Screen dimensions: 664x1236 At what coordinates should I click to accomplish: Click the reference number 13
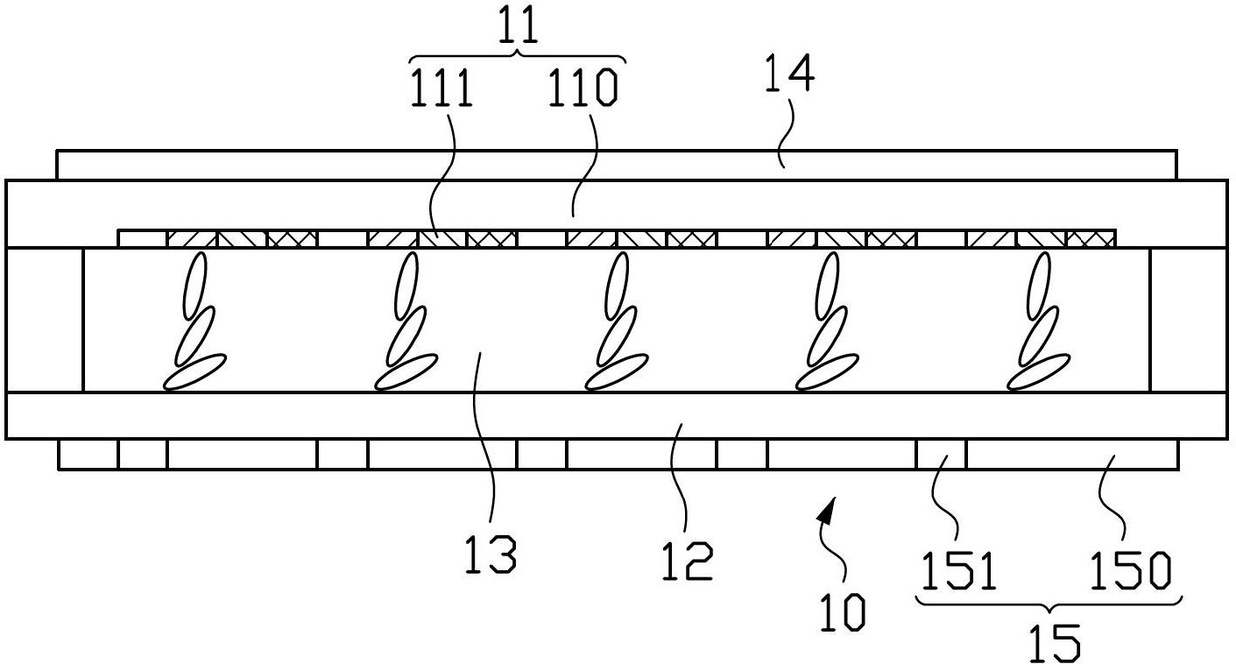point(491,554)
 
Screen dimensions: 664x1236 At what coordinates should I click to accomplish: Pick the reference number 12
point(685,561)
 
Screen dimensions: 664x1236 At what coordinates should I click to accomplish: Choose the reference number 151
point(957,572)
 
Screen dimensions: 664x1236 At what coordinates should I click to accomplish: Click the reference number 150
point(1129,572)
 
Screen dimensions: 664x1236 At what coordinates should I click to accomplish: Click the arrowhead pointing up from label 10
point(826,511)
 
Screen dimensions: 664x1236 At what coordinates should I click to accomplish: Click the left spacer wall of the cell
point(44,319)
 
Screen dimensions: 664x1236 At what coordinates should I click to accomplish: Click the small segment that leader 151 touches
point(941,455)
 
